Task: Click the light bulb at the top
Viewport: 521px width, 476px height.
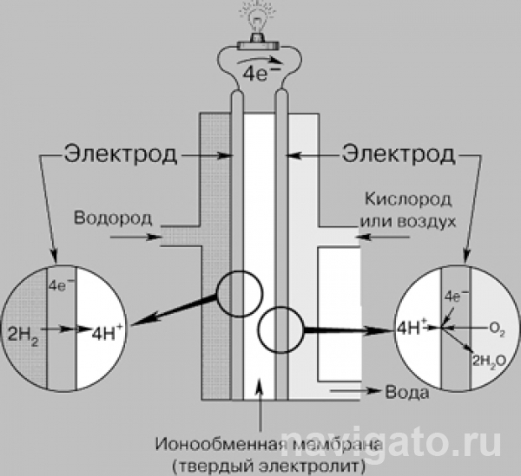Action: click(x=259, y=17)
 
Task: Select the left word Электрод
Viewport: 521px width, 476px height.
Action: click(x=121, y=155)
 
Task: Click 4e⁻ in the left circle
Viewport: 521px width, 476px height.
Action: click(x=61, y=284)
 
